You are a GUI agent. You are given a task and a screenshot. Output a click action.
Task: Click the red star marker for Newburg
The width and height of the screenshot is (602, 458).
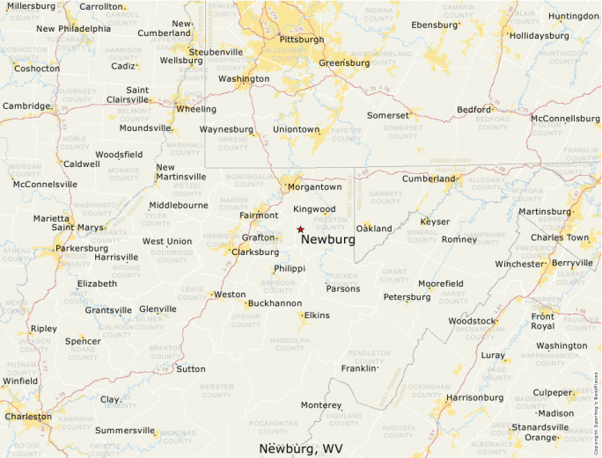click(x=300, y=229)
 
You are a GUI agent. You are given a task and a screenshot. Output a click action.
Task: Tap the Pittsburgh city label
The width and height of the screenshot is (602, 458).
click(x=301, y=40)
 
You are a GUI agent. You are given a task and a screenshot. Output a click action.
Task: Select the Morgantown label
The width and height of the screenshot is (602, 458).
click(x=315, y=186)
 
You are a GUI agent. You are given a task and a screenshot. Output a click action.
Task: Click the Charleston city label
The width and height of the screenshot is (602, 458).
click(x=28, y=416)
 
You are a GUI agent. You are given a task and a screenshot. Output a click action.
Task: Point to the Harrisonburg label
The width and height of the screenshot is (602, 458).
click(x=474, y=397)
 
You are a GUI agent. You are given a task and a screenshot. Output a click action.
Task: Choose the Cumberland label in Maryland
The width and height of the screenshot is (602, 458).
click(x=429, y=178)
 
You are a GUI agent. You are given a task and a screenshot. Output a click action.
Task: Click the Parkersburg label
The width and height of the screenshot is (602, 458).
click(x=81, y=248)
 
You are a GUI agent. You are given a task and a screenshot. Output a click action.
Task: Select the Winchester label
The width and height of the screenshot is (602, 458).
click(x=519, y=264)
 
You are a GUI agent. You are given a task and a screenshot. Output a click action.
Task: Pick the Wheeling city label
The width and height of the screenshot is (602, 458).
click(x=196, y=109)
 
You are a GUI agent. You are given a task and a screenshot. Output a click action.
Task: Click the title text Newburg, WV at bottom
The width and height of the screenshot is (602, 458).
click(x=301, y=448)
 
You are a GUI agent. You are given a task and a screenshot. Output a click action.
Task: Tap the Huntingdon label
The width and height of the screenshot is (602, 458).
click(x=573, y=16)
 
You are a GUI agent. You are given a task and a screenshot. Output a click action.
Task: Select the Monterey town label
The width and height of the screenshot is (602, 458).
click(x=320, y=405)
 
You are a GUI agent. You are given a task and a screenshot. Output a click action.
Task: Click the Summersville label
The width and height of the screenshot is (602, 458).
click(x=124, y=431)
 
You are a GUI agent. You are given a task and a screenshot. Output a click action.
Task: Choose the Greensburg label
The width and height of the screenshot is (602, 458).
click(x=344, y=63)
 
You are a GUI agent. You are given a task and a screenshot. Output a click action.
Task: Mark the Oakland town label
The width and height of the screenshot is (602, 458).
click(x=374, y=229)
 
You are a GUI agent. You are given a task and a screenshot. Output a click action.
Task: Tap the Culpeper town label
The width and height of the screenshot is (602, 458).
click(x=552, y=392)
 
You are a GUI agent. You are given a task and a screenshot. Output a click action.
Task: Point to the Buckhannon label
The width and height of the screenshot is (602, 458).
click(x=275, y=303)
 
